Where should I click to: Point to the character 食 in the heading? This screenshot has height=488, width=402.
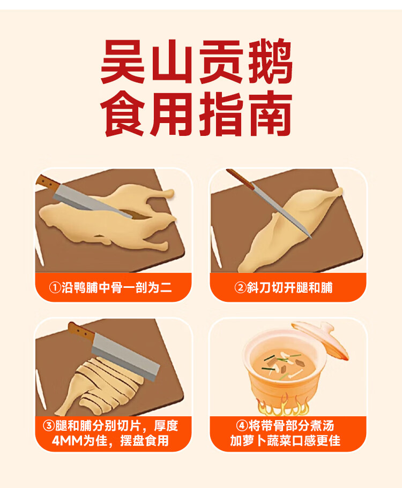123,113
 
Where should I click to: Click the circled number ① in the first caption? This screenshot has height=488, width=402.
55,287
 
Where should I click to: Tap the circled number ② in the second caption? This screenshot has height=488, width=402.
241,287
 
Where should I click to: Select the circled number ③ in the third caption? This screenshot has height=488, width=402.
49,426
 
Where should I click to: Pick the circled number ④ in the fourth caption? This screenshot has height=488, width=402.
242,426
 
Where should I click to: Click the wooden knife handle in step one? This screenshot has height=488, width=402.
47,182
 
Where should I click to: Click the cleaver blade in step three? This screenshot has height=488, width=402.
126,357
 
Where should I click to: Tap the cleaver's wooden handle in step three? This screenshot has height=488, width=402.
81,331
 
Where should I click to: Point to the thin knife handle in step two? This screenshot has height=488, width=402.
240,179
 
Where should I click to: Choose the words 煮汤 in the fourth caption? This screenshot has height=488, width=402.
323,426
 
